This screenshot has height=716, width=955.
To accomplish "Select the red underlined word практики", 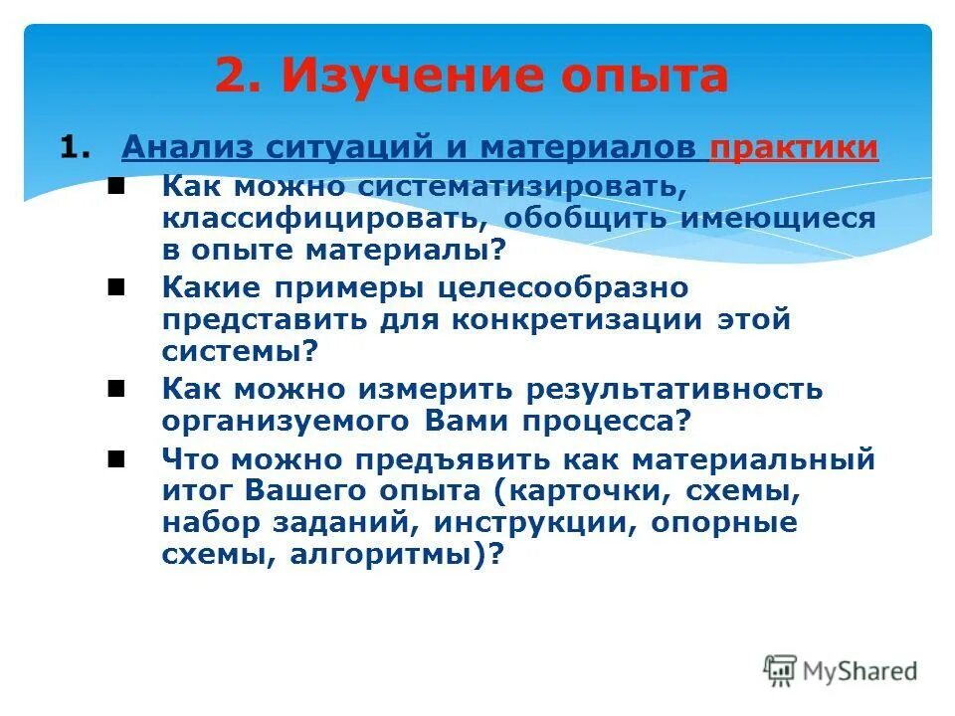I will pyautogui.click(x=794, y=148).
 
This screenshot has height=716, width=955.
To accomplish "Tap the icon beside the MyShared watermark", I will pyautogui.click(x=781, y=670).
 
